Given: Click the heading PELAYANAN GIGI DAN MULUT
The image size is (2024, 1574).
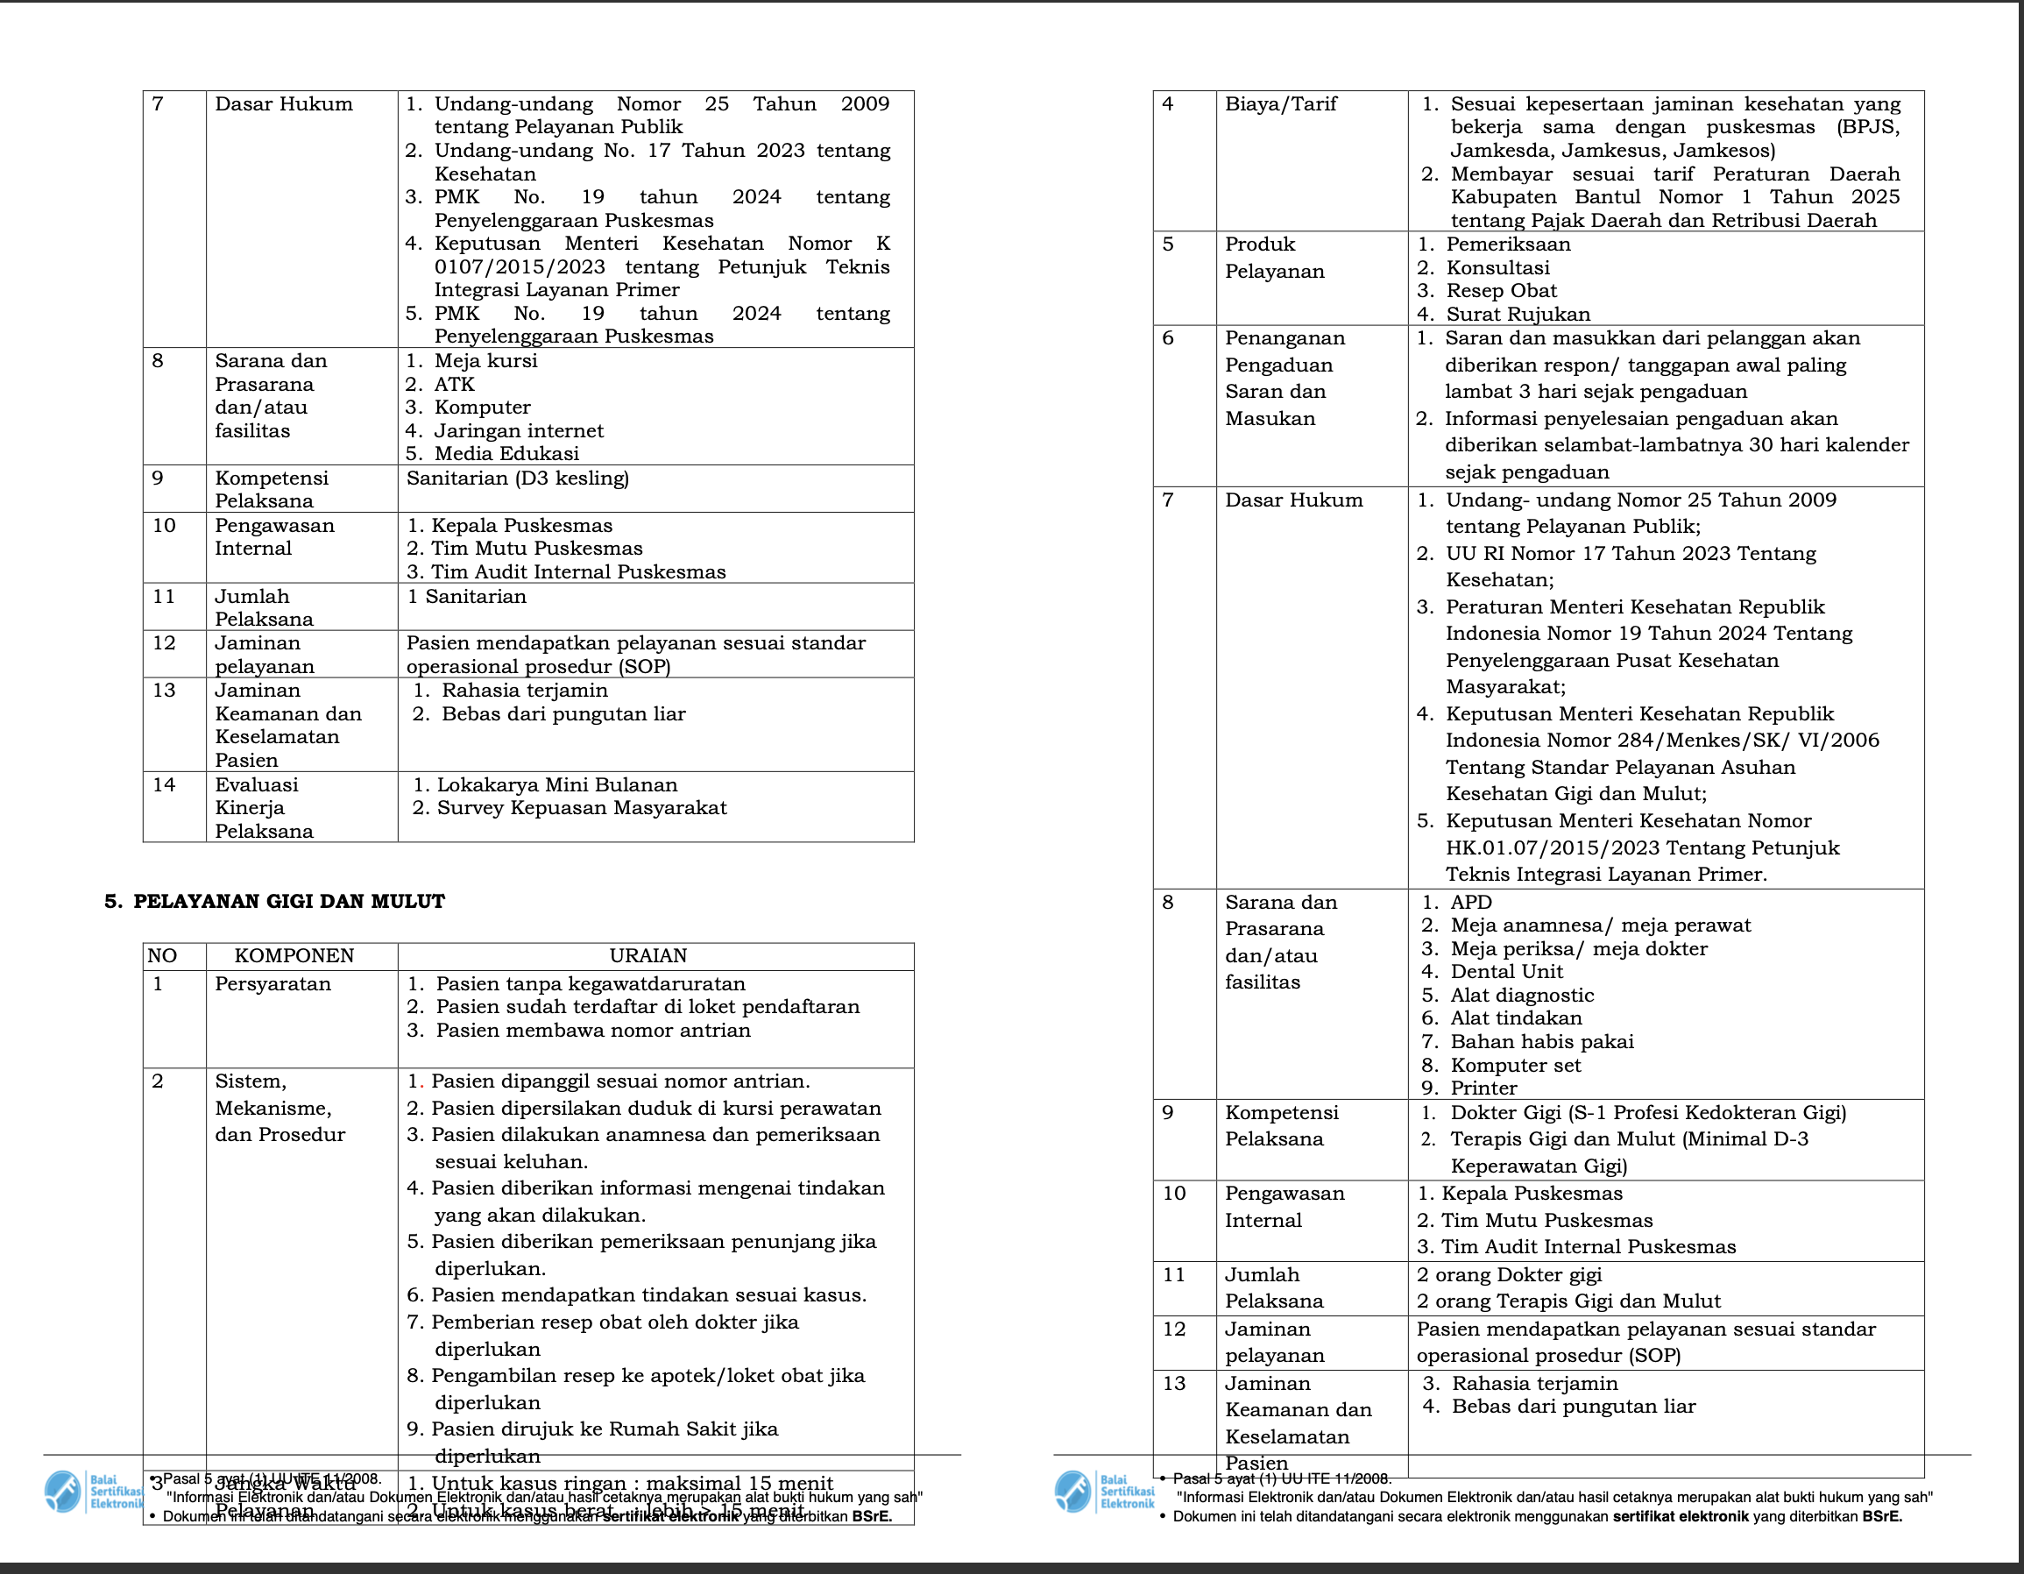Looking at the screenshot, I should [288, 902].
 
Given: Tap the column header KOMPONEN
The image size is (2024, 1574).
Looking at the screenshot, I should [294, 956].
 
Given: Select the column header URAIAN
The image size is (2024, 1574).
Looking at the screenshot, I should [648, 956].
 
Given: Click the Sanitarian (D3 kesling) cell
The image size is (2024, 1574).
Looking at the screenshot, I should [517, 479].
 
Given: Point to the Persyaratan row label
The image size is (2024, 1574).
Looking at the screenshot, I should [272, 983].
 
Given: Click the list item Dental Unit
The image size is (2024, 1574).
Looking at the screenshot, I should [1506, 971].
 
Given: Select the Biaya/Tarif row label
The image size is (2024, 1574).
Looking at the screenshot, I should [1281, 103].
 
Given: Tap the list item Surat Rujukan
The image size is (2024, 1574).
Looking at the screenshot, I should [1517, 315].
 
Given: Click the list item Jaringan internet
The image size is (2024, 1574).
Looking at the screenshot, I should [518, 431].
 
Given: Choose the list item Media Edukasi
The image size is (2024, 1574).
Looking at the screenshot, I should [506, 454].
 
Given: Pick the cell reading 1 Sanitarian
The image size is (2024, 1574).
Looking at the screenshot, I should [466, 597].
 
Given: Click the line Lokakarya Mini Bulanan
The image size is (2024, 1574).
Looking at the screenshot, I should [556, 785].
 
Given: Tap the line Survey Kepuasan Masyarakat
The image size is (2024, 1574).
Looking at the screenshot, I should [581, 808].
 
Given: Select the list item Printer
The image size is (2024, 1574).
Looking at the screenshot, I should [1483, 1088].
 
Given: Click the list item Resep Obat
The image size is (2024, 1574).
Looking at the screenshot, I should [1501, 291].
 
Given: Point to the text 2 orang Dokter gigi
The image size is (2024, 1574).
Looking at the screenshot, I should [1509, 1275].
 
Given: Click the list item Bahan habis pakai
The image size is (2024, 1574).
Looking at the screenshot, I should [1541, 1042].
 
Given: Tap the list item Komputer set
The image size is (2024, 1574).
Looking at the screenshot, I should [1515, 1066].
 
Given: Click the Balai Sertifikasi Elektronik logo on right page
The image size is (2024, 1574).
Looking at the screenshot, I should [1104, 1492].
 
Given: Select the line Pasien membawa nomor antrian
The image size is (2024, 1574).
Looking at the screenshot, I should [593, 1031].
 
